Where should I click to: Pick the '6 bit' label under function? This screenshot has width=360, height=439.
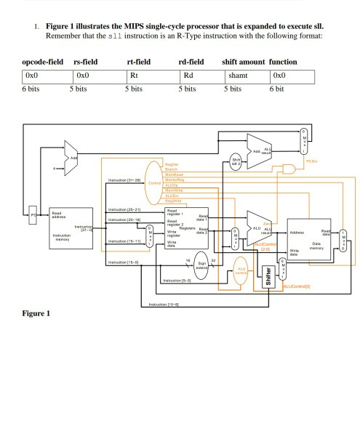pos(277,89)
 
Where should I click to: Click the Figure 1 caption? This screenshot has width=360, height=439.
pos(36,314)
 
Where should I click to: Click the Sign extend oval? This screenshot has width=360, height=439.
pos(201,267)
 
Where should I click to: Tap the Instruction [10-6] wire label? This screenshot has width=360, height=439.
pos(163,305)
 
